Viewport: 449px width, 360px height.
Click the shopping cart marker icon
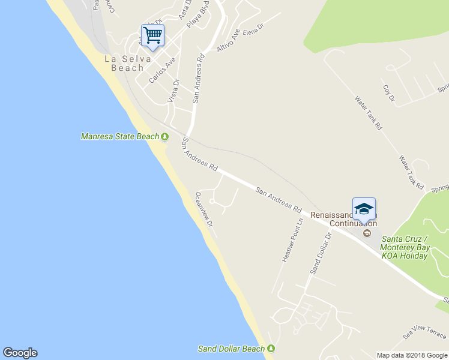pyautogui.click(x=153, y=35)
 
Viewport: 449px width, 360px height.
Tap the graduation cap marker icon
pyautogui.click(x=364, y=209)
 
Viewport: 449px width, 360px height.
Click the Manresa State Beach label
pyautogui.click(x=120, y=137)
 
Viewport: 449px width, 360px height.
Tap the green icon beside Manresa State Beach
pyautogui.click(x=164, y=137)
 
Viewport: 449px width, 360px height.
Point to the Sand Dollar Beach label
pyautogui.click(x=231, y=349)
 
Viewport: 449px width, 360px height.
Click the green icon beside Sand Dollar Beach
pyautogui.click(x=271, y=349)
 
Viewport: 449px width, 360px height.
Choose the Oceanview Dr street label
pyautogui.click(x=204, y=209)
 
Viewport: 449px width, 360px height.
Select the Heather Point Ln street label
pyautogui.click(x=293, y=240)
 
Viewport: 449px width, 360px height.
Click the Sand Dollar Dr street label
pyautogui.click(x=321, y=254)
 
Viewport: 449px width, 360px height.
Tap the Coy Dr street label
pyautogui.click(x=389, y=93)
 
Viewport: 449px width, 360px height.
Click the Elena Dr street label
pyautogui.click(x=253, y=29)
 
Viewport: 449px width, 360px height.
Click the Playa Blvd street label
pyautogui.click(x=197, y=17)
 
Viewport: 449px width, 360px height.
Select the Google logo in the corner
pyautogui.click(x=20, y=353)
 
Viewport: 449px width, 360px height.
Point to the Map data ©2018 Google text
pyautogui.click(x=412, y=355)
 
